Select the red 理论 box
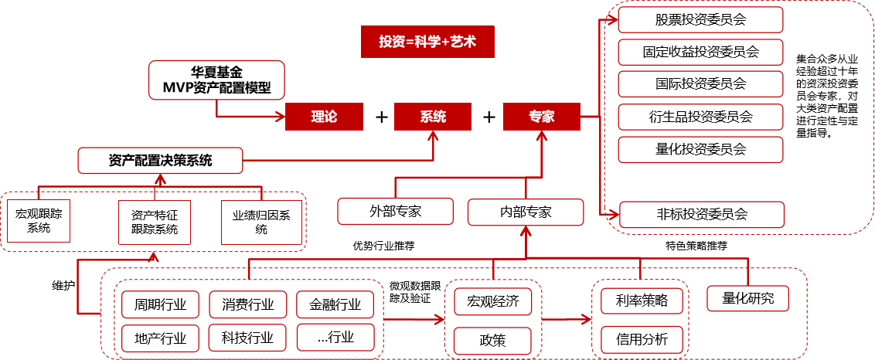tap(324, 117)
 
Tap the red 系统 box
tap(433, 117)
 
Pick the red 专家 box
tap(541, 117)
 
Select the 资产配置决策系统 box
tap(160, 161)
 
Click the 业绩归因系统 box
tap(261, 222)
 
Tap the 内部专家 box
tap(525, 211)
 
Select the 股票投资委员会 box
tap(700, 19)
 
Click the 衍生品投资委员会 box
tap(700, 117)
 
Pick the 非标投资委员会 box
tap(700, 214)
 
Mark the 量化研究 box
tap(748, 297)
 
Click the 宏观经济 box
tap(492, 301)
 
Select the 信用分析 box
tap(642, 338)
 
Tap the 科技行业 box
tap(247, 337)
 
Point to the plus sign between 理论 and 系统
tap(380, 117)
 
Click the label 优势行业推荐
tap(383, 246)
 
